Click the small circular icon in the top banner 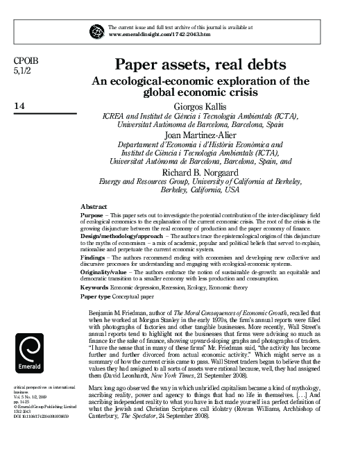96,30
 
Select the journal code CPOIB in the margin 24,60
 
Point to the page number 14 19,106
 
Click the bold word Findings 94,256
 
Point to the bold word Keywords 95,287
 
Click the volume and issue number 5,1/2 22,71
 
